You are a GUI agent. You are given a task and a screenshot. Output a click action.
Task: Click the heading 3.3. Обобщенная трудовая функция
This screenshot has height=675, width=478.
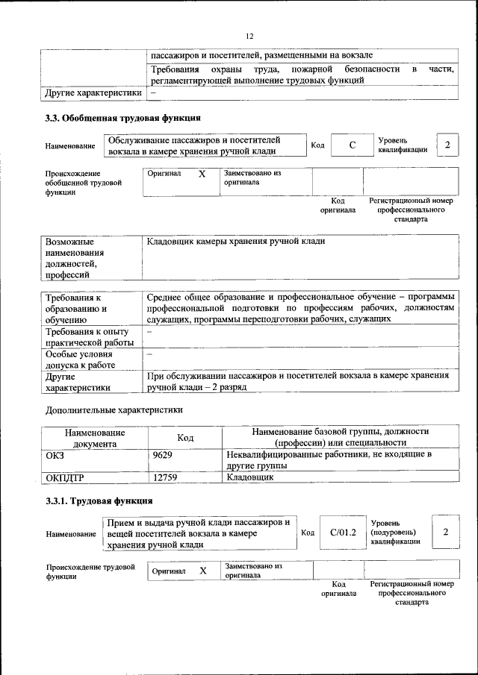click(122, 118)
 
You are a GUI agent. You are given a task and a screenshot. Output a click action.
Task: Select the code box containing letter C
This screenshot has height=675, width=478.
click(352, 145)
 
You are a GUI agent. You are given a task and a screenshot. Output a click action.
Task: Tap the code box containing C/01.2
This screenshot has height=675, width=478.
click(344, 532)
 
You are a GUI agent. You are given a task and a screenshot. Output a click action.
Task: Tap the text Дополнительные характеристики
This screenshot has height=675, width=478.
click(114, 409)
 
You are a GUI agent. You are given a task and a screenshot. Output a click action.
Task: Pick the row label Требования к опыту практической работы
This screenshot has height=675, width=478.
click(87, 336)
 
